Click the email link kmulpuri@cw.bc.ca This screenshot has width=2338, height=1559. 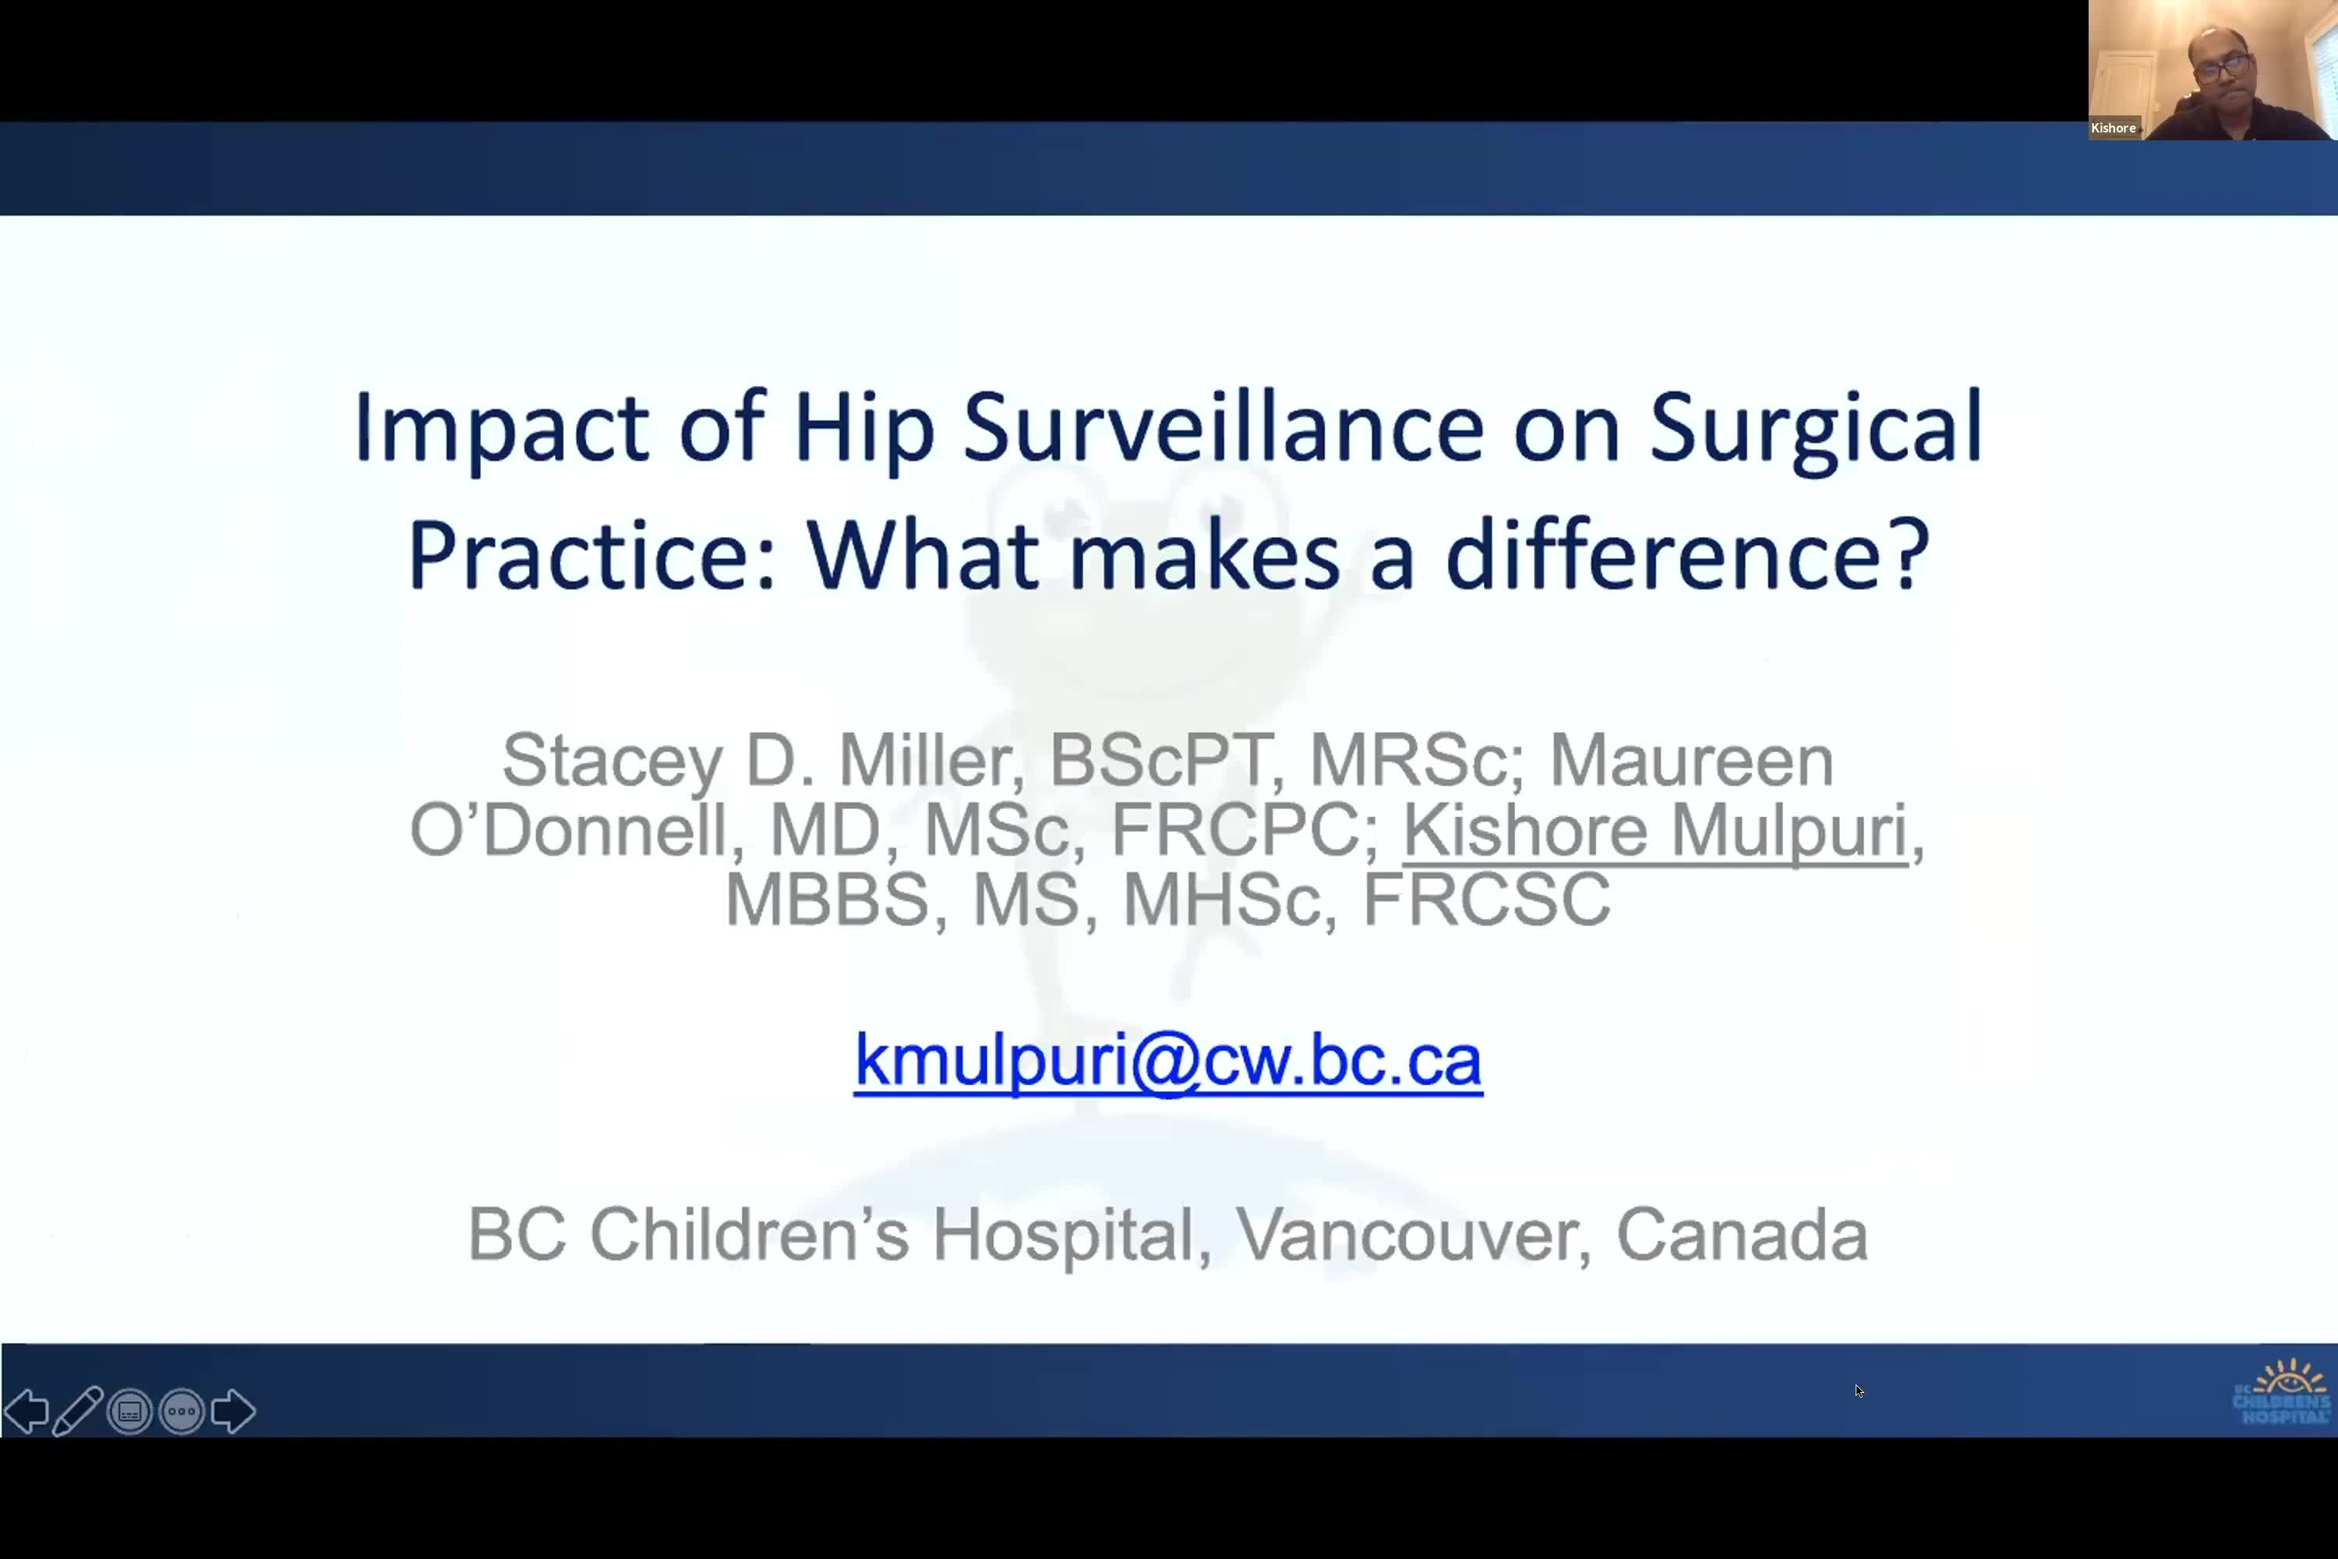tap(1168, 1060)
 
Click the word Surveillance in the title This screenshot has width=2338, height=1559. tap(1223, 427)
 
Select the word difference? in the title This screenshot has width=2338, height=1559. tap(1687, 553)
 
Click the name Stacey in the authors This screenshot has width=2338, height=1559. tap(611, 762)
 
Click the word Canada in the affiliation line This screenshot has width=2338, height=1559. tap(1743, 1235)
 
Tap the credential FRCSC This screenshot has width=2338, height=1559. tap(1486, 899)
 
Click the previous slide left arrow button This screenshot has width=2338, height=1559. tap(26, 1411)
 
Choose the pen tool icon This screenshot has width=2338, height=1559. tap(77, 1411)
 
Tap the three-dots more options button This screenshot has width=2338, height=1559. tap(182, 1411)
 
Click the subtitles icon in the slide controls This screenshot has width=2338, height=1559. tap(130, 1411)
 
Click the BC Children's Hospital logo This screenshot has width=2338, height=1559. tap(2281, 1392)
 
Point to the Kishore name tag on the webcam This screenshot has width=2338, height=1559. tap(2114, 127)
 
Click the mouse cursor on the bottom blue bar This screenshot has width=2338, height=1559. tap(1859, 1391)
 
